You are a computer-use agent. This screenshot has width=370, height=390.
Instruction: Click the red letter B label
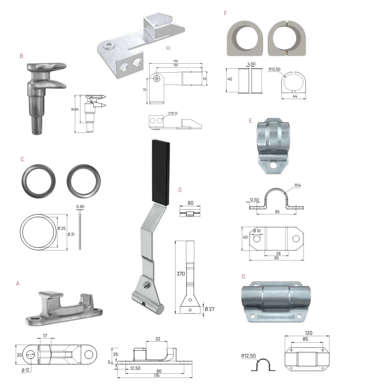21,56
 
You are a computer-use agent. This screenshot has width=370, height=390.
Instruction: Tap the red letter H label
168,48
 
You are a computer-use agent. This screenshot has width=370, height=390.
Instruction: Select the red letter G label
180,190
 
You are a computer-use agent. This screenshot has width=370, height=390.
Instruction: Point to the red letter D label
243,277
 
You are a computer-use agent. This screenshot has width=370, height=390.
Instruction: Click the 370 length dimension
181,274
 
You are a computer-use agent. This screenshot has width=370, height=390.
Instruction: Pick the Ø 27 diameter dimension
210,309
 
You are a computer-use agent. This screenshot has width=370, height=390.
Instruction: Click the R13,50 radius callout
274,69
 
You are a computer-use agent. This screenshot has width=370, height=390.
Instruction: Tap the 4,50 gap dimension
251,64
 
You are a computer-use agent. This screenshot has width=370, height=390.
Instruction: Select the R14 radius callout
298,185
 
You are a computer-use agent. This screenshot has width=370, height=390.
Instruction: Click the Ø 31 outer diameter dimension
71,234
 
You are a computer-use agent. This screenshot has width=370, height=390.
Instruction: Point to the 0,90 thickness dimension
80,207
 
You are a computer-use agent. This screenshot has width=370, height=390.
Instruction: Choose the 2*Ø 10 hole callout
173,113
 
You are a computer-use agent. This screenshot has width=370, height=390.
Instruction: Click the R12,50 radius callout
248,356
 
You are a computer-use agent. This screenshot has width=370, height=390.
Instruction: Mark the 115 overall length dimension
156,375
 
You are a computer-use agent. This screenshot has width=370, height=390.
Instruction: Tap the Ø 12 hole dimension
25,370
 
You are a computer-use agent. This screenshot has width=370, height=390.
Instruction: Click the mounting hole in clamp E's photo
273,165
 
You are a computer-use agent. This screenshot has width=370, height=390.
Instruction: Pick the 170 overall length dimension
176,61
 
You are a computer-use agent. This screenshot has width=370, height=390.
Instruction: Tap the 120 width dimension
309,333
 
